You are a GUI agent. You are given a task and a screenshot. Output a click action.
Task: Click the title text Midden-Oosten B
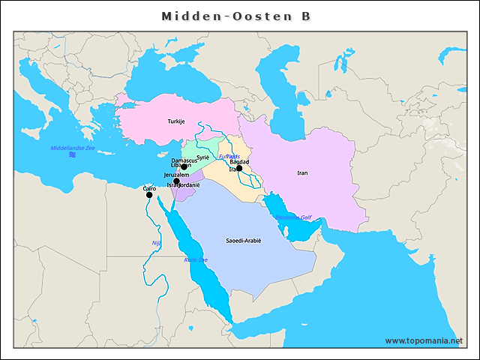pos(236,16)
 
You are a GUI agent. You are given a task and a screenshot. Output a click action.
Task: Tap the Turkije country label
pos(176,121)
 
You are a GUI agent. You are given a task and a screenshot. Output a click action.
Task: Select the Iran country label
pos(302,172)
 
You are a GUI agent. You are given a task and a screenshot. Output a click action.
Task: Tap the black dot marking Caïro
pos(149,195)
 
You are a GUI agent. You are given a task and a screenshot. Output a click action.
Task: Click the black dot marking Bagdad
pos(239,169)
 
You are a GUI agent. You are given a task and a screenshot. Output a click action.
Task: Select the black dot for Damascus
pos(184,167)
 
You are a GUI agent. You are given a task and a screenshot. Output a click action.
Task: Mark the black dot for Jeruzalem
pos(176,181)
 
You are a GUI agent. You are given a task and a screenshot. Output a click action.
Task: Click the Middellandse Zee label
pos(73,148)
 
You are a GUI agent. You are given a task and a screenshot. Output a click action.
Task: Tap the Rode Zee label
pos(196,259)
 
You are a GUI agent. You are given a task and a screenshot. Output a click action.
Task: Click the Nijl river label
pos(156,243)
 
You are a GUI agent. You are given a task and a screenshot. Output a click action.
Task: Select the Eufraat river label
pos(229,156)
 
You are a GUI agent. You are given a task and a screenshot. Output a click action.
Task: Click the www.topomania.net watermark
pos(424,340)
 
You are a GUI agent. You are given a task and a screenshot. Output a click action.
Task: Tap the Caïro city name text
pos(149,188)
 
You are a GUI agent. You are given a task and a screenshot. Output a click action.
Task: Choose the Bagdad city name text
pos(239,161)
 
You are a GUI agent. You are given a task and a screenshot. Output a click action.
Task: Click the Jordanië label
pos(189,184)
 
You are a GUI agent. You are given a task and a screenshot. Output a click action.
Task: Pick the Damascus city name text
pos(184,160)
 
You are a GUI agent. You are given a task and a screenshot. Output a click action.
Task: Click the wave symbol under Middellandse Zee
pos(72,155)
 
